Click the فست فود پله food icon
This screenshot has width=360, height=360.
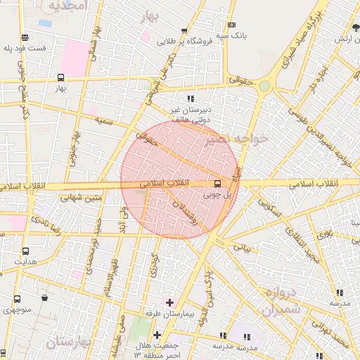[25, 38]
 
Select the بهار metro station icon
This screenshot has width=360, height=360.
[60, 78]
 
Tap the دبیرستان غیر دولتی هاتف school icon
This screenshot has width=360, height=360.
[190, 99]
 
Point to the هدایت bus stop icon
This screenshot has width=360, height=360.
[26, 251]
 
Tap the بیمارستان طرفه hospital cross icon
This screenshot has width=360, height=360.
[169, 302]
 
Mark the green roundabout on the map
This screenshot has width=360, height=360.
[264, 86]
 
